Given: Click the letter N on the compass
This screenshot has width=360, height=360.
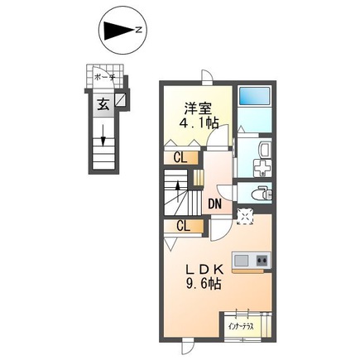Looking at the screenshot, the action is pyautogui.click(x=139, y=29).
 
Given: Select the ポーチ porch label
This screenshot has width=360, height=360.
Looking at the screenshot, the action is pyautogui.click(x=104, y=77).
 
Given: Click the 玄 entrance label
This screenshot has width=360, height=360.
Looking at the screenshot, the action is pyautogui.click(x=103, y=105).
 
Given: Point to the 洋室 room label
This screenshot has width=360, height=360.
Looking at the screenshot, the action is pyautogui.click(x=198, y=108).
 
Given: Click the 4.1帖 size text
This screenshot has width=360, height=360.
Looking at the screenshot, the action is pyautogui.click(x=199, y=122).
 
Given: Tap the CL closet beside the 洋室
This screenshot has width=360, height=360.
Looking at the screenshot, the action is pyautogui.click(x=180, y=158).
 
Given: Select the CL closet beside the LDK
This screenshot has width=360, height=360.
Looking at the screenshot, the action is pyautogui.click(x=184, y=227).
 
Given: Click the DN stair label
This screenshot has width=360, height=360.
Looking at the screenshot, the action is pyautogui.click(x=214, y=204).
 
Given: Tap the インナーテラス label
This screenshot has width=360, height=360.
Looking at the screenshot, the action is pyautogui.click(x=241, y=327).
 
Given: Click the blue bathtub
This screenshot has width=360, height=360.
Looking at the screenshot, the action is pyautogui.click(x=254, y=96).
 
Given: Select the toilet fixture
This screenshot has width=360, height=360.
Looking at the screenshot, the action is pyautogui.click(x=262, y=193).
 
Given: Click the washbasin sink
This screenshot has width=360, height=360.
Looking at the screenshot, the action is pyautogui.click(x=265, y=150).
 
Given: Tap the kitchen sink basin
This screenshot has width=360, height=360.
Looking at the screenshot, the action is pyautogui.click(x=241, y=260).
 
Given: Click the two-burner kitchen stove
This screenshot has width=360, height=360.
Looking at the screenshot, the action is pyautogui.click(x=262, y=260).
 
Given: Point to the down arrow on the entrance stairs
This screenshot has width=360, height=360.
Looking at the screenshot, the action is pyautogui.click(x=103, y=135).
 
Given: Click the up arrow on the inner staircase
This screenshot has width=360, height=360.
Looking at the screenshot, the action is pyautogui.click(x=178, y=191).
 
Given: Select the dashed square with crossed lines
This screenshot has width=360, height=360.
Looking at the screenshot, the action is pyautogui.click(x=245, y=216).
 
